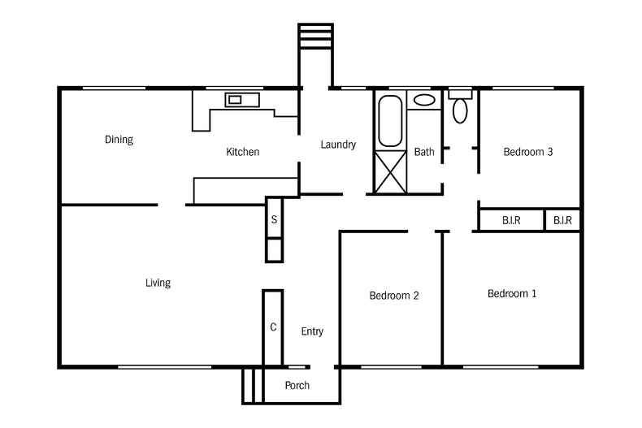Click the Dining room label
coord(119,140)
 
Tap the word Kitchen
coord(243,152)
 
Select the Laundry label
coord(338,145)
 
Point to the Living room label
coord(158,283)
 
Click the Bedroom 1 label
coord(512,293)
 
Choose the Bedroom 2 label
coord(394,296)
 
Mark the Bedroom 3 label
coord(527,152)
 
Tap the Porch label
coord(297,386)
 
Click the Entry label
coord(312,331)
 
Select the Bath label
coord(424,152)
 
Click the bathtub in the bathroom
coord(390,121)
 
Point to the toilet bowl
coord(460,110)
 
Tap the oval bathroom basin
coord(424,100)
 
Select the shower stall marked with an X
coord(391,172)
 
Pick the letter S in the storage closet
coord(274,220)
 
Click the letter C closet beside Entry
coord(273,327)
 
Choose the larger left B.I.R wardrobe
coord(511,220)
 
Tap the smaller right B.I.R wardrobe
coord(562,220)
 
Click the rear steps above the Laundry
coord(315,37)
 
